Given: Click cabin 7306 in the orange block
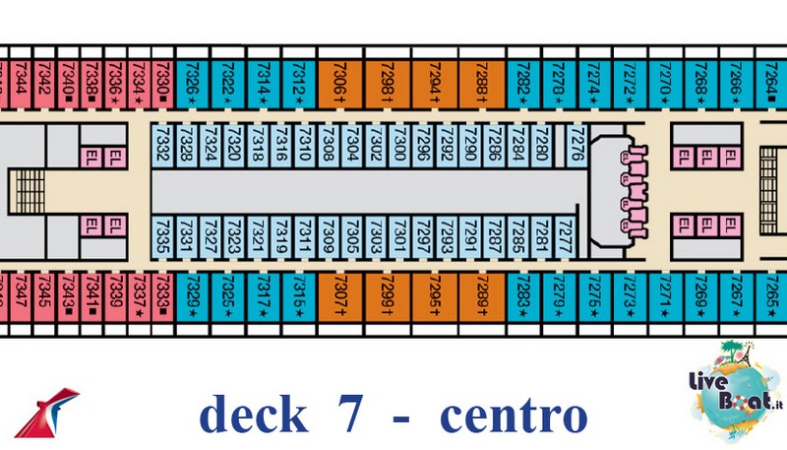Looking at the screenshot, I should (x=340, y=78).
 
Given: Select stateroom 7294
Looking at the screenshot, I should (x=434, y=78).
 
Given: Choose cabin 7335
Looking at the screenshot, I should (x=162, y=237).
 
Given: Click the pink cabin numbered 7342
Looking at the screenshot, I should (x=44, y=78).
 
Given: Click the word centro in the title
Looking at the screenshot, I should (x=513, y=416).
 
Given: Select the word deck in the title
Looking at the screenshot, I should (x=252, y=416).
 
